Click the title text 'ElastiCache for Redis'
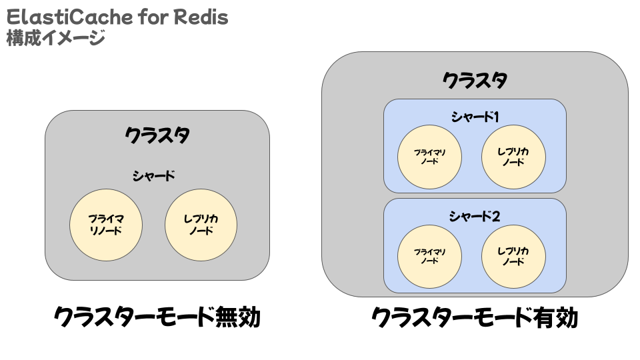[117, 17]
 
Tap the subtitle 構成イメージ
[56, 39]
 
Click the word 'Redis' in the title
[201, 17]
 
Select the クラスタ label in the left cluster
[157, 135]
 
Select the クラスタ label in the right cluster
[475, 80]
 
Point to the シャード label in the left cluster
[154, 176]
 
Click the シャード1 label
[475, 117]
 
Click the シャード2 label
[475, 216]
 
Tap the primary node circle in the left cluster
[106, 225]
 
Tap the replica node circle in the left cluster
[201, 225]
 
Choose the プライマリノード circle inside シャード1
[429, 157]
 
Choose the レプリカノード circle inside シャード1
[513, 157]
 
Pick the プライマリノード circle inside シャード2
[429, 257]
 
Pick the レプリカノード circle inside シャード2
[513, 257]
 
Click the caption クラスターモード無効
[157, 317]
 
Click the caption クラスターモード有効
[475, 317]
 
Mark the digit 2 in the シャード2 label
[496, 216]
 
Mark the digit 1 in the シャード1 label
[496, 117]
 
